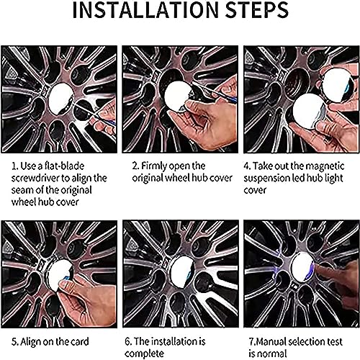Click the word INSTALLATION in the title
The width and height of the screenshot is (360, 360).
[x=146, y=9]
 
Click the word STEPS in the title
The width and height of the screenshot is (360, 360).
[x=257, y=9]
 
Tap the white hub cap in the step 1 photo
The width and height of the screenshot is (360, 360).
[x=61, y=99]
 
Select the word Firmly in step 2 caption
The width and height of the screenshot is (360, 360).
[x=154, y=166]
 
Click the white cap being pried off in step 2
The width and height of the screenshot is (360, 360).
[x=178, y=96]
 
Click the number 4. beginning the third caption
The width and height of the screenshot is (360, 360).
[x=247, y=166]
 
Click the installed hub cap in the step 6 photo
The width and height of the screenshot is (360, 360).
[x=182, y=271]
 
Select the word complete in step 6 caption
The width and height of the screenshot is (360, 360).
[x=144, y=354]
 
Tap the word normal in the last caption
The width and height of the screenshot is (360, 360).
[x=272, y=354]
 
